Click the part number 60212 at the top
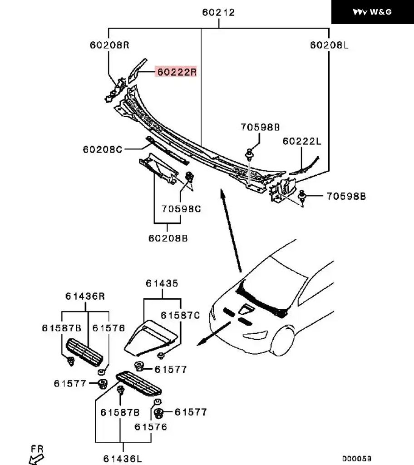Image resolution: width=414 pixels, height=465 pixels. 218,12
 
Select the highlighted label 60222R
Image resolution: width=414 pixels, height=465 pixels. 176,72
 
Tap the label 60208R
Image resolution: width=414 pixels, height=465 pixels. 109,45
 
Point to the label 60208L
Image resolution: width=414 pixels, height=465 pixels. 329,45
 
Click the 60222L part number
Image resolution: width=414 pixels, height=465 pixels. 301,141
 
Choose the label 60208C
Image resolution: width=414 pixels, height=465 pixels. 103,149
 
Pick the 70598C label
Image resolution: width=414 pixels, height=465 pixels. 181,209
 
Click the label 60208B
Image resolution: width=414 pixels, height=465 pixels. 168,238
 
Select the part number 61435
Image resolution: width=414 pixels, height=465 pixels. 162,283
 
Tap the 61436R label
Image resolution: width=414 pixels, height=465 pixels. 85,296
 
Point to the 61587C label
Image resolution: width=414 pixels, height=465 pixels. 180,315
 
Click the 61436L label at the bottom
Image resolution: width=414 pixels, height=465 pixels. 123,459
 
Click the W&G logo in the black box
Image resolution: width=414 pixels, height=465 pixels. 372,12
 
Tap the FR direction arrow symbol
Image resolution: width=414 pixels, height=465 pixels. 36,459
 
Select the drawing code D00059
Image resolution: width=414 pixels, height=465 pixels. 357,459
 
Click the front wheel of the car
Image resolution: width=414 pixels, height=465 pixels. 283,341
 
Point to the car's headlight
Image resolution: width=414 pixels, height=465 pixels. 256,335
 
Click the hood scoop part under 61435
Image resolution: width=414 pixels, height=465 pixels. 151,337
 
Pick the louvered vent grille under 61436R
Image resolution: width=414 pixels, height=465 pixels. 84,352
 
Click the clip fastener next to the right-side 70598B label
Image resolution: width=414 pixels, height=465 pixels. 302,196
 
